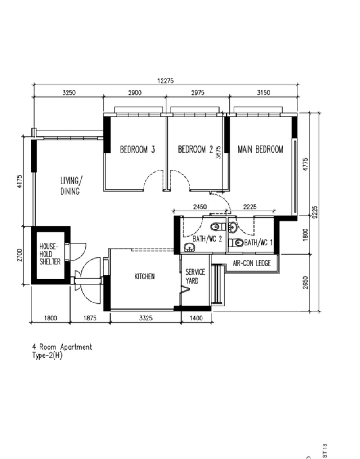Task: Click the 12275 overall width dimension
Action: (x=166, y=81)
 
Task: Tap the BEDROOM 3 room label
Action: (x=137, y=149)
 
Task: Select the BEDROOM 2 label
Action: (x=195, y=149)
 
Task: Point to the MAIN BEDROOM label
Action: (x=261, y=149)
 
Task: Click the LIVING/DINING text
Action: (x=71, y=186)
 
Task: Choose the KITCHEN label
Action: (x=144, y=276)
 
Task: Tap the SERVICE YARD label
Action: (x=195, y=276)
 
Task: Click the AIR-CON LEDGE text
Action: (x=252, y=263)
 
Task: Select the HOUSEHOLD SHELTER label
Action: (x=50, y=254)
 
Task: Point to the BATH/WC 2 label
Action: (x=207, y=239)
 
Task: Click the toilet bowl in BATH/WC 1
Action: (x=237, y=243)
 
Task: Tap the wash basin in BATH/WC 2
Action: (x=189, y=247)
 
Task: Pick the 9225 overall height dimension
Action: (x=315, y=212)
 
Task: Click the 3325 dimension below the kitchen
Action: (x=145, y=318)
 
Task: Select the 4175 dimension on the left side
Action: (x=19, y=181)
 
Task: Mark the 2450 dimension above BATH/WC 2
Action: (x=200, y=207)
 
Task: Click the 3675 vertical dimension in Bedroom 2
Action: (x=218, y=153)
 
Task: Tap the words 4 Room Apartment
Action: (x=62, y=347)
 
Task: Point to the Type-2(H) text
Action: (x=47, y=355)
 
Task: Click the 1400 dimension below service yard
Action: (x=196, y=318)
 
